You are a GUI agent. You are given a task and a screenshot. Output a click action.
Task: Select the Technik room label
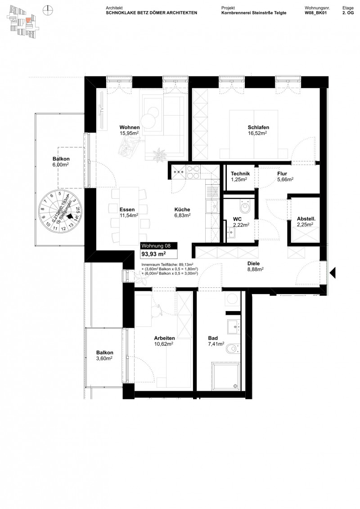(240, 174)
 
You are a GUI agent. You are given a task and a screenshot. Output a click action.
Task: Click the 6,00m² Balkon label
(61, 165)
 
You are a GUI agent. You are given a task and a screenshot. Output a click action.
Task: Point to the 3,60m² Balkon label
(104, 358)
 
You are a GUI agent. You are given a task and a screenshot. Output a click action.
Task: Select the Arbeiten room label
(164, 339)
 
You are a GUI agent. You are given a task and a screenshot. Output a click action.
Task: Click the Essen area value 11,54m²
(129, 215)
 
